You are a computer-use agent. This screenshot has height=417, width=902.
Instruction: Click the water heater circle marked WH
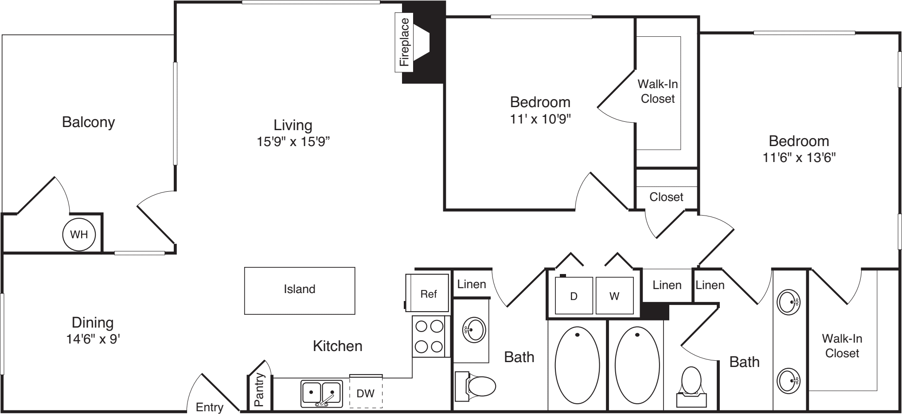point(79,235)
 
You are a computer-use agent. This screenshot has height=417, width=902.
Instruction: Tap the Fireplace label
point(405,42)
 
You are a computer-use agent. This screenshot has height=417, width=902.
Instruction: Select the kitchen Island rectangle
point(300,290)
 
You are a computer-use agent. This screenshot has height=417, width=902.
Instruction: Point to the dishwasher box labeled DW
point(366,392)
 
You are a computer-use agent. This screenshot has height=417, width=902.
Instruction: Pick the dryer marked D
point(574,296)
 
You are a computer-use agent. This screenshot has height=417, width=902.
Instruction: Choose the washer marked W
point(614,296)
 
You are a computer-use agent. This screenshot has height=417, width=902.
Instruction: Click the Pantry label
point(259,390)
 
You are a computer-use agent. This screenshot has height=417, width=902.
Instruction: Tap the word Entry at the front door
point(210,407)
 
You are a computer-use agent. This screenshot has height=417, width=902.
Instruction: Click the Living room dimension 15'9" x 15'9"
point(293,142)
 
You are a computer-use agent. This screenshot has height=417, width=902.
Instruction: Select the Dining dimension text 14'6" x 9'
point(93,339)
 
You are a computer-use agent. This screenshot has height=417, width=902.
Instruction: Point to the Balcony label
point(89,122)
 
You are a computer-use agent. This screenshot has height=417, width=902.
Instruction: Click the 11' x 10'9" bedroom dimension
point(540,119)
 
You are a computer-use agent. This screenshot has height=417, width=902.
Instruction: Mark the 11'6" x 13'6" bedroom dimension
point(799,158)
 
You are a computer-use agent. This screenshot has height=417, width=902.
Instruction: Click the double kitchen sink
point(322,393)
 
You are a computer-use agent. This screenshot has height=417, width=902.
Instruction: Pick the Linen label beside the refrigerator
point(472,284)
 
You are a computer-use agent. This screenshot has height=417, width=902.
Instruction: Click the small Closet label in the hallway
point(666,197)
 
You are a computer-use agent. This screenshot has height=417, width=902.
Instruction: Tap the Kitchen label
point(338,346)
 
